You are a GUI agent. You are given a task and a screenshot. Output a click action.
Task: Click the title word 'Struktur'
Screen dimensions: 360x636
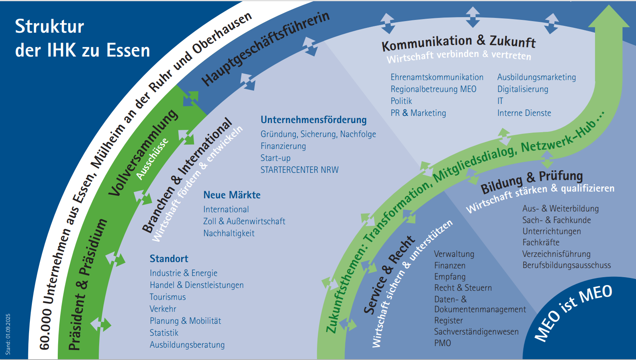(x=49, y=27)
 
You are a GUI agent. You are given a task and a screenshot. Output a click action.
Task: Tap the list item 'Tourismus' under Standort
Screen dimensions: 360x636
(x=168, y=297)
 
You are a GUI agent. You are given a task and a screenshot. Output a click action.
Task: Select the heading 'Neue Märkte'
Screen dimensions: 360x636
(x=232, y=195)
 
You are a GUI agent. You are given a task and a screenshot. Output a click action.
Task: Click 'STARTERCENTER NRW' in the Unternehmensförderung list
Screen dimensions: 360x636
(x=299, y=170)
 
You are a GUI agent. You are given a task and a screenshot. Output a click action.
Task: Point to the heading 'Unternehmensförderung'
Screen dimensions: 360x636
(x=313, y=120)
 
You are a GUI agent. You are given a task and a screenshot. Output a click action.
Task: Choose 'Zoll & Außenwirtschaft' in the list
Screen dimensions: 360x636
(x=244, y=221)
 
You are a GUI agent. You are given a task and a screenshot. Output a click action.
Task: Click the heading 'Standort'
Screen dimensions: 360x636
(x=169, y=259)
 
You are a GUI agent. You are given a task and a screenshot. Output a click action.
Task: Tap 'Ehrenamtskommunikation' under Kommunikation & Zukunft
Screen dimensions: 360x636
(x=437, y=77)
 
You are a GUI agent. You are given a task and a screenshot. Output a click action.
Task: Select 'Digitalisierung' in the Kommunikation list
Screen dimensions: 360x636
(x=522, y=89)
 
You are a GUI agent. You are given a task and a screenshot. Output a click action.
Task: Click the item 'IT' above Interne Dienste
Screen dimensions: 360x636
(x=500, y=101)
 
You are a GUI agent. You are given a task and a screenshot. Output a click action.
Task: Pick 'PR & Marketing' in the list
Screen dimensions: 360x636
(x=418, y=113)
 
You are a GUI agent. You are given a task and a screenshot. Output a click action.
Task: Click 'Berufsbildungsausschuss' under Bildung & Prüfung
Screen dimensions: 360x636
(x=566, y=265)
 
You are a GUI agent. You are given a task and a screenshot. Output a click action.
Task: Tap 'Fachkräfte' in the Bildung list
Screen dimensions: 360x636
(x=541, y=243)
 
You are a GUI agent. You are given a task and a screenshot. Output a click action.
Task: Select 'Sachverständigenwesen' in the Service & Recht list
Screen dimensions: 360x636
(x=476, y=332)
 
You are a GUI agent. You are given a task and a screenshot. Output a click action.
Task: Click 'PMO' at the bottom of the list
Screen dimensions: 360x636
(x=442, y=343)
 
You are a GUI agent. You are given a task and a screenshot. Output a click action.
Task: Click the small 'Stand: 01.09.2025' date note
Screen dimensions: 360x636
(x=8, y=334)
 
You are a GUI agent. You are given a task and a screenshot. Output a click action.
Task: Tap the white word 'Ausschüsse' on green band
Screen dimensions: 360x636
(x=152, y=159)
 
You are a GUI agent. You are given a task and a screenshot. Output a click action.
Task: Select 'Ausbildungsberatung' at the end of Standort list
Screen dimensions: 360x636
(x=187, y=345)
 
